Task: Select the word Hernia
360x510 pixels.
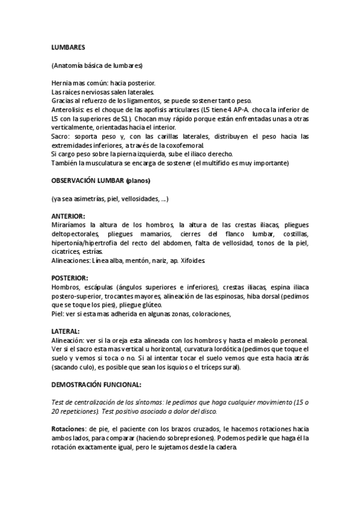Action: tap(61, 82)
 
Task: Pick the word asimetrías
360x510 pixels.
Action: tap(91, 198)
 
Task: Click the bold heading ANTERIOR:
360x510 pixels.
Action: tap(68, 215)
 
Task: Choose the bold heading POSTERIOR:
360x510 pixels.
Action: tap(70, 278)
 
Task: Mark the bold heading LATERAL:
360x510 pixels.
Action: tap(66, 331)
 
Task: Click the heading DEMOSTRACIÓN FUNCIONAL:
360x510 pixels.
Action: tap(96, 384)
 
